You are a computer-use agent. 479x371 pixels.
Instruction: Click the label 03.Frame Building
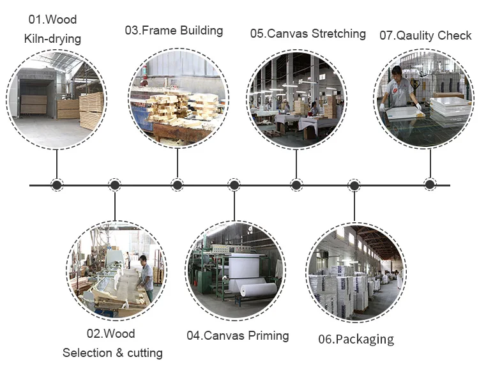click(x=174, y=30)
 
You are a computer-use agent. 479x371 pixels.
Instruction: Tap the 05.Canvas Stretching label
click(x=308, y=33)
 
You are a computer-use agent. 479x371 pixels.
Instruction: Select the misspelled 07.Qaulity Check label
click(x=425, y=35)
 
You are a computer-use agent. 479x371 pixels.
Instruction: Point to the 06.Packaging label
click(x=356, y=339)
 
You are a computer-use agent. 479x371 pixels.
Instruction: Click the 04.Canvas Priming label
click(x=238, y=335)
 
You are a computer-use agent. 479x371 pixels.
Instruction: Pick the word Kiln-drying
click(x=53, y=39)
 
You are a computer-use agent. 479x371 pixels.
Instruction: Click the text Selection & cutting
click(x=112, y=352)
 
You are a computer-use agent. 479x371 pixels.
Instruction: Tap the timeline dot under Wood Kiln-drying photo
click(x=57, y=185)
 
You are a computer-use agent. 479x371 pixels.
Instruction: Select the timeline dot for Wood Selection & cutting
click(x=115, y=185)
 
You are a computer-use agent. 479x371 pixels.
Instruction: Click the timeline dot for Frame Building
click(x=178, y=185)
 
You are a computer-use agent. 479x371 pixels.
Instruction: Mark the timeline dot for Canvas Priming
click(x=234, y=185)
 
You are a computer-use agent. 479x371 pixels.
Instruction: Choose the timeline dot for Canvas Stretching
click(x=296, y=185)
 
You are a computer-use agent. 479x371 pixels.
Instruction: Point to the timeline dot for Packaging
click(x=354, y=185)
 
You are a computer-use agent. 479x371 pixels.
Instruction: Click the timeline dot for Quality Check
click(x=430, y=185)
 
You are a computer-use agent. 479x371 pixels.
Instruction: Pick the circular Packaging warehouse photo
click(x=356, y=271)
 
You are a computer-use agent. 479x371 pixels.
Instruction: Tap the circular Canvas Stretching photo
click(x=296, y=98)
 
